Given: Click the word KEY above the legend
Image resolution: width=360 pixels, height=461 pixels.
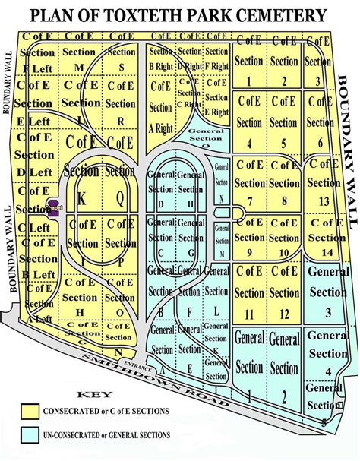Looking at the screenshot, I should tap(94, 394).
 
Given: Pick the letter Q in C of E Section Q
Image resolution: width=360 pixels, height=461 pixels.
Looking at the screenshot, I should tap(120, 195).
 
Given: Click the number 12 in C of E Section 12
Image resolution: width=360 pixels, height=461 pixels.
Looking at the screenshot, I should tap(283, 314).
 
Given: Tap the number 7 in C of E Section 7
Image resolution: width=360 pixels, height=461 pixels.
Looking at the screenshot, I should tap(249, 200).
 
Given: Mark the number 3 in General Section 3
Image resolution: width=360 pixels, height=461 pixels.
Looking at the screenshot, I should tap(327, 311).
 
